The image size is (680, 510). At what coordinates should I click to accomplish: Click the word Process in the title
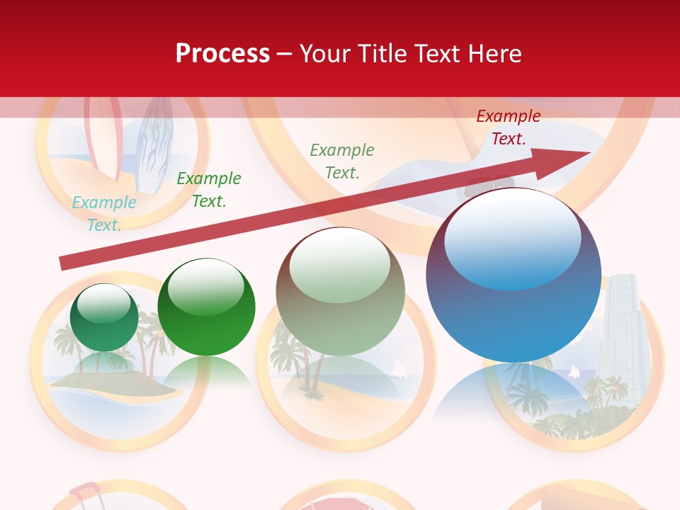[222, 53]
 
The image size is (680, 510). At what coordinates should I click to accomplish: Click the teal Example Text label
[104, 214]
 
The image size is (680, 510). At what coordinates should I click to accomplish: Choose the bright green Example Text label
[208, 190]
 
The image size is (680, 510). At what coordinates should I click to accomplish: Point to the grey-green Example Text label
[342, 161]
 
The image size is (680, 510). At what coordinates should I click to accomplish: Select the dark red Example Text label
[508, 127]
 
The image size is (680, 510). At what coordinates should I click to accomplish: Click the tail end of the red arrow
[64, 263]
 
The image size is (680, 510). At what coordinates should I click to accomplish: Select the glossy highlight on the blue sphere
[512, 237]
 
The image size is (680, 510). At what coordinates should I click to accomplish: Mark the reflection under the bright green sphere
[207, 372]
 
